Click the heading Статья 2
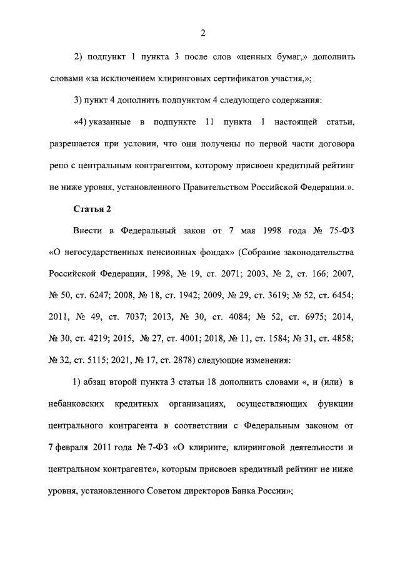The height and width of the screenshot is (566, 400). point(92,208)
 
